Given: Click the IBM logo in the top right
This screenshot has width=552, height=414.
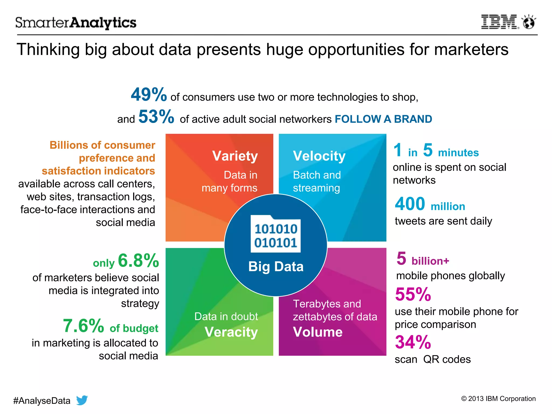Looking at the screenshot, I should coord(499,22).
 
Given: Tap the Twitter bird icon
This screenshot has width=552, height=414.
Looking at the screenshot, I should coord(82,400).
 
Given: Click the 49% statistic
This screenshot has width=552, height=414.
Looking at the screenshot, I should coord(149,95).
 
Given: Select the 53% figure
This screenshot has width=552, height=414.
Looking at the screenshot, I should coord(156,117).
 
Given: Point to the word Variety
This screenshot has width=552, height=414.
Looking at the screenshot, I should coord(235,156).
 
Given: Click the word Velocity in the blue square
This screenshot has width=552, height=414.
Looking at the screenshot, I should coord(319,156).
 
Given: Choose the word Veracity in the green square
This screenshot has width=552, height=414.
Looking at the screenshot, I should coord(231,332).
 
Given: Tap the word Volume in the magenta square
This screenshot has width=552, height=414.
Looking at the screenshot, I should coord(318,332).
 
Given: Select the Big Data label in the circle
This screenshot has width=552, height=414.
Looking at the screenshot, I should coord(276,267).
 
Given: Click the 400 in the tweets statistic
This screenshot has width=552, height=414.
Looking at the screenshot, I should coord(410,204).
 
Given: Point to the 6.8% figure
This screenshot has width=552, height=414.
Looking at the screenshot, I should coord(139,261).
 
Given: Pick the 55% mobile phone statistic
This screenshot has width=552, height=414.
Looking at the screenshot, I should coord(413,294).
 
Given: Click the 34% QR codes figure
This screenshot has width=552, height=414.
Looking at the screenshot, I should coord(413,342).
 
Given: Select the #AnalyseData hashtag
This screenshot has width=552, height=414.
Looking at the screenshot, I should coord(42,401).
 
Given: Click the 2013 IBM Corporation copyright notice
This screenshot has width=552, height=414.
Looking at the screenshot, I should coord(498,399).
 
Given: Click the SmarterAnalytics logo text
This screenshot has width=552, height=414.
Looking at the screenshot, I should coord(76,23).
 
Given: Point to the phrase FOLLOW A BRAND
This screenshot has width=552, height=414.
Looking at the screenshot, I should coord(383,119).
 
